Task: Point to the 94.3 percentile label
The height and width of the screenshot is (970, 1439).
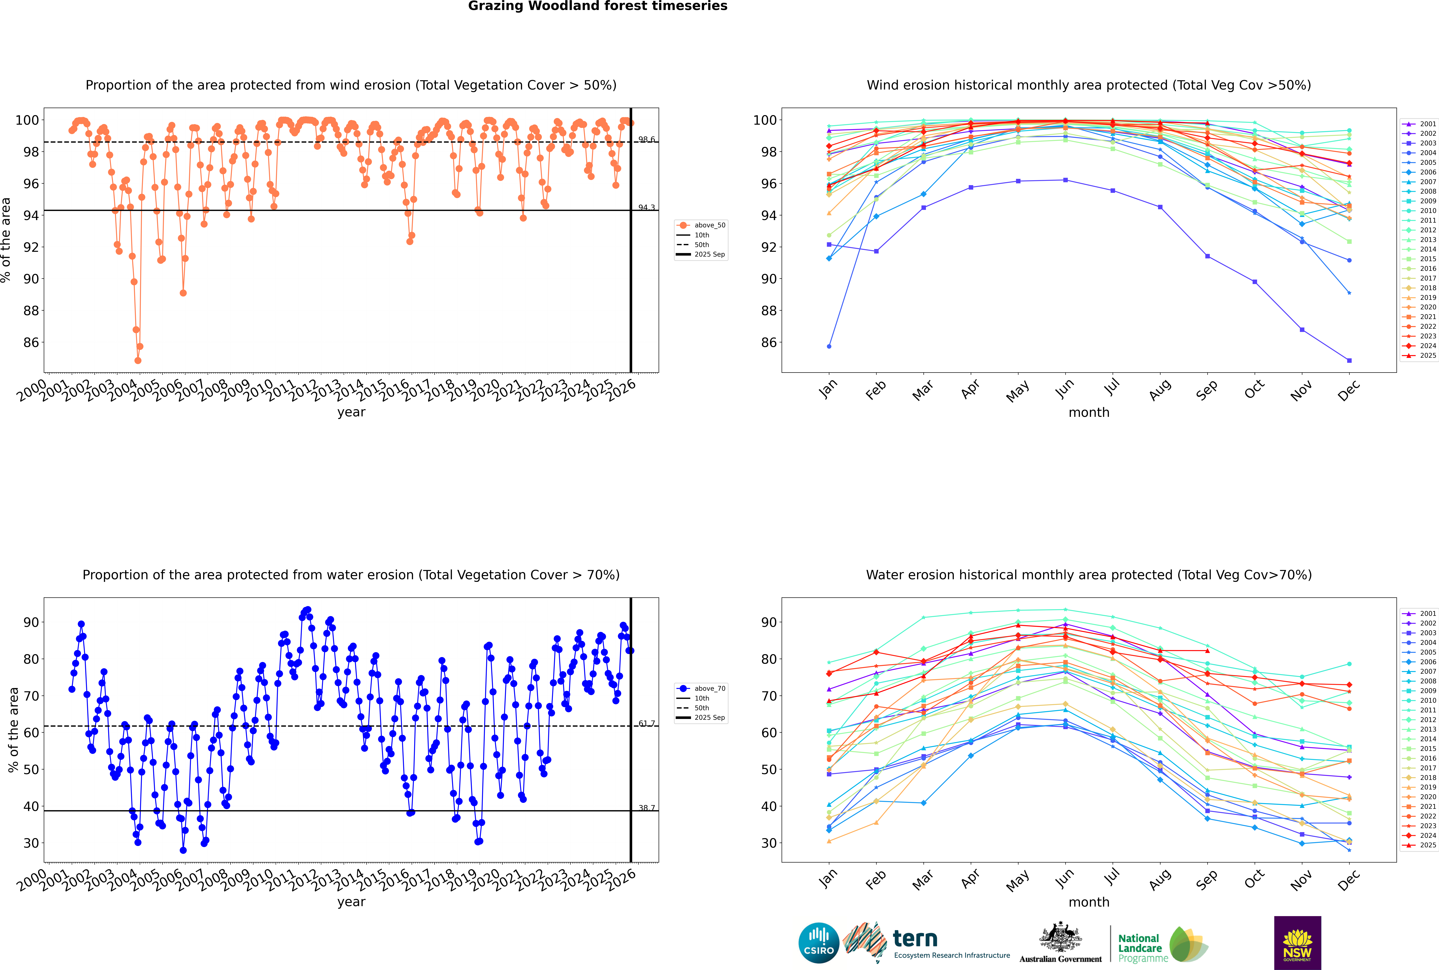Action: pyautogui.click(x=646, y=208)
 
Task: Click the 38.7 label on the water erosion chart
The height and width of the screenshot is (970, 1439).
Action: pyautogui.click(x=646, y=808)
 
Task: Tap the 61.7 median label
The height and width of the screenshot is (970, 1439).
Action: pyautogui.click(x=646, y=723)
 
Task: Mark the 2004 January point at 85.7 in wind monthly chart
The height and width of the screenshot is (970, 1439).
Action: pyautogui.click(x=829, y=346)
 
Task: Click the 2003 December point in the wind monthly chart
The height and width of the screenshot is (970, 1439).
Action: pyautogui.click(x=1349, y=360)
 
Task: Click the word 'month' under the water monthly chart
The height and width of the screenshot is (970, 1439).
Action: pyautogui.click(x=1089, y=902)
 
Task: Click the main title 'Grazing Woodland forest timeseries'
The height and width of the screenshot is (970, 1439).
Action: pyautogui.click(x=598, y=6)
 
